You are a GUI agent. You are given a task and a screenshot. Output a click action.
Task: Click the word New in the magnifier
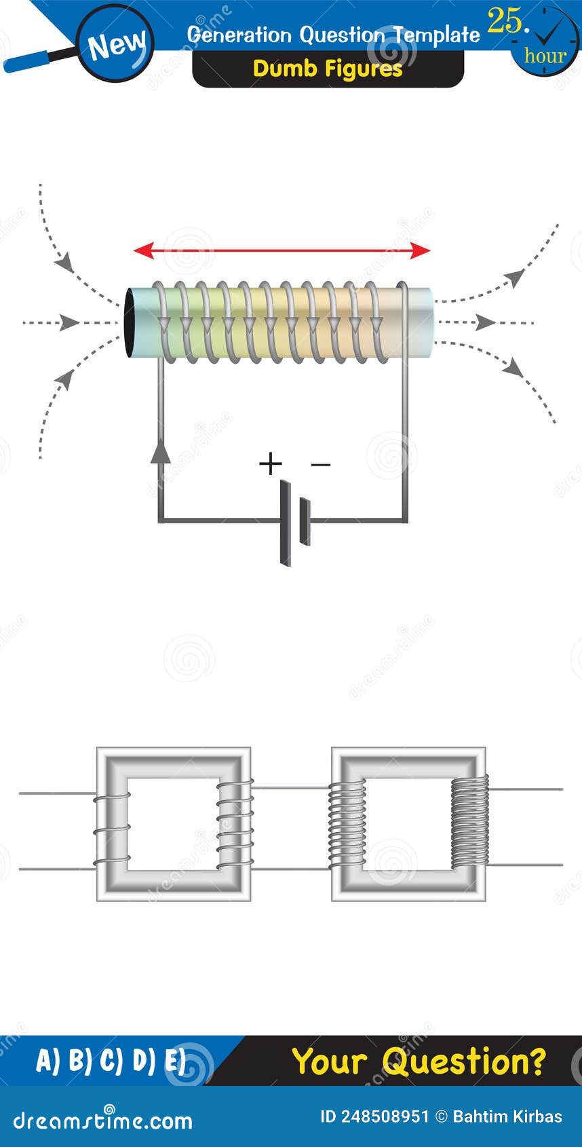coord(116,45)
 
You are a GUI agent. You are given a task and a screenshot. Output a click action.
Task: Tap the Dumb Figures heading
coord(328,69)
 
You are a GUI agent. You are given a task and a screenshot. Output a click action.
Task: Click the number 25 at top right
coord(506,22)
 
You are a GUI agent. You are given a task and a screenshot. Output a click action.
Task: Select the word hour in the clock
coord(545,56)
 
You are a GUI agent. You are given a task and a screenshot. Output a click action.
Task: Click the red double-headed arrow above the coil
coord(282,251)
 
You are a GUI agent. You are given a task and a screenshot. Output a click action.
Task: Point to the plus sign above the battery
coord(270,464)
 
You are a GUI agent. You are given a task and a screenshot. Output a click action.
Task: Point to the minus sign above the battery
coord(320,465)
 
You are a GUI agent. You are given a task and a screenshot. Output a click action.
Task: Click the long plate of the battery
coord(285,523)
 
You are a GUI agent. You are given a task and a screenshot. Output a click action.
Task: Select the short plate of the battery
coord(305,521)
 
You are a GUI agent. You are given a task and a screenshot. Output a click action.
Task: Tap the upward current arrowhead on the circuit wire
coord(160,451)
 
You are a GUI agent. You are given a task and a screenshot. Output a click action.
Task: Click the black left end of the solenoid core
coord(130,323)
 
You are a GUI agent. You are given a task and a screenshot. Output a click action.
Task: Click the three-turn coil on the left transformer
coord(112,829)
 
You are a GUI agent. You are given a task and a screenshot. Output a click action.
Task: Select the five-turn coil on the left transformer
coord(235,824)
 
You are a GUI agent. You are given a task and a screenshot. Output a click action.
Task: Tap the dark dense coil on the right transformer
coord(469,821)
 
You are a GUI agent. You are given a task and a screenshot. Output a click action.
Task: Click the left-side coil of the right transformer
coord(347,825)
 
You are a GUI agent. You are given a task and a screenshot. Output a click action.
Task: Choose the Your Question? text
coord(419,1061)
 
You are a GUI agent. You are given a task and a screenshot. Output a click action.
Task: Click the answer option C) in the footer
coord(111,1061)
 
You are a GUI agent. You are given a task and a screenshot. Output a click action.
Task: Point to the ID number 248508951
coord(374,1116)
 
